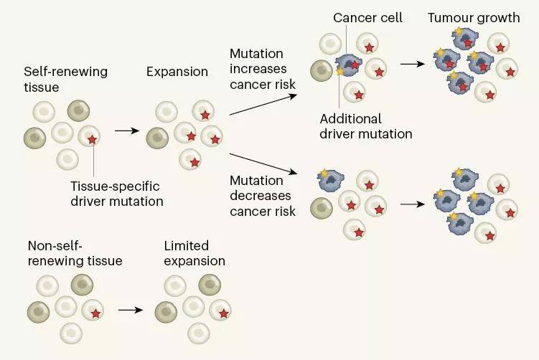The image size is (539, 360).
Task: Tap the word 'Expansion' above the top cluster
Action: (x=176, y=72)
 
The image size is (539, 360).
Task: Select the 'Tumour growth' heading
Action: (x=474, y=17)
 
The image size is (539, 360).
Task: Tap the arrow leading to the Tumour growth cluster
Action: (x=411, y=64)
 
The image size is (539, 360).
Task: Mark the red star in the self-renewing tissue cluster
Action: (x=93, y=139)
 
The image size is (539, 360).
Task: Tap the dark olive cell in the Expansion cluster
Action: (x=156, y=137)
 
